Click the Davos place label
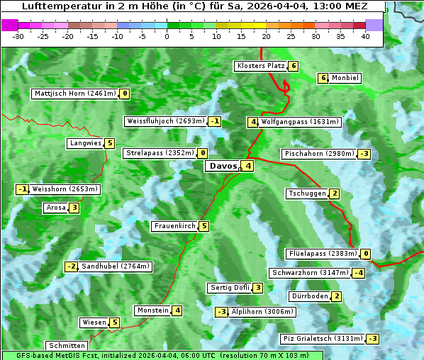click(x=223, y=167)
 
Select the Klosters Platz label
click(x=260, y=66)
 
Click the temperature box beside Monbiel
click(x=323, y=78)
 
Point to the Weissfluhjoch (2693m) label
click(x=165, y=121)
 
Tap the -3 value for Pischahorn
click(x=364, y=154)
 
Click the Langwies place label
click(x=85, y=143)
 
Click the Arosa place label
click(x=56, y=208)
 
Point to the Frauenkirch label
click(x=174, y=227)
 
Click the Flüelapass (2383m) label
click(x=322, y=254)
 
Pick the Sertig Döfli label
click(x=230, y=288)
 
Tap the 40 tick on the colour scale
click(x=365, y=36)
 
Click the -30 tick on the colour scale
click(x=18, y=36)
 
